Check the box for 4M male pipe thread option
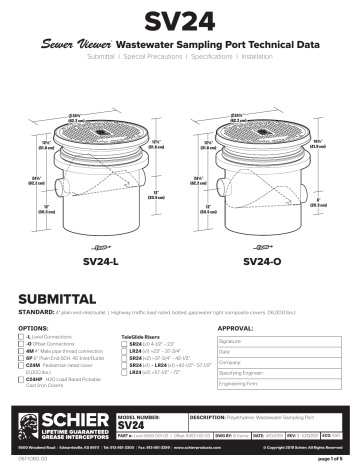22,353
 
